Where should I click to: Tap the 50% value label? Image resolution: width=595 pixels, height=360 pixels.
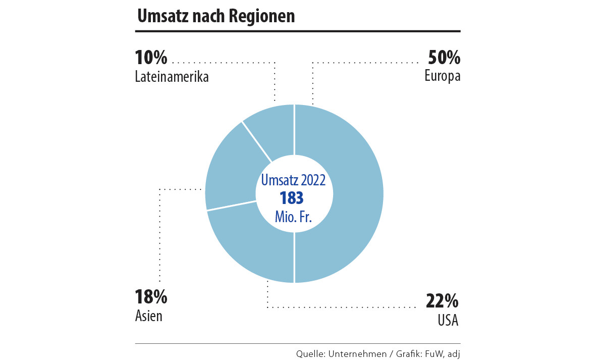coord(444,58)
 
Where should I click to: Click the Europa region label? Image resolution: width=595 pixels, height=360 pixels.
coord(443,77)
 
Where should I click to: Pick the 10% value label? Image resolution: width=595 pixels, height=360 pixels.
coord(151,58)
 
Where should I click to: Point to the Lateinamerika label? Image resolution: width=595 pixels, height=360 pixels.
coord(172,77)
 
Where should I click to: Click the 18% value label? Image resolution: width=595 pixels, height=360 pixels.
coord(151,297)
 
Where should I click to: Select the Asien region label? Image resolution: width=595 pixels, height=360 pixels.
coord(149,316)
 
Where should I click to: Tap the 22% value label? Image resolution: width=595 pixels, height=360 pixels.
coord(442,301)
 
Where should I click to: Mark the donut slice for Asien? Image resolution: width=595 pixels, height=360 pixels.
coord(230,179)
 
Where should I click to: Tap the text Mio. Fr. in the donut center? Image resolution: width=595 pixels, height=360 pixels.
coord(293,217)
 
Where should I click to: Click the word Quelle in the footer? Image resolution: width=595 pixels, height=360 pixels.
coord(309,353)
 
